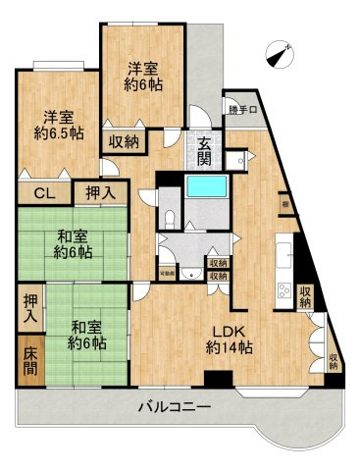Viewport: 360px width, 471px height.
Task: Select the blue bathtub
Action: [205, 185]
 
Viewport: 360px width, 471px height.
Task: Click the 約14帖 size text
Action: [231, 348]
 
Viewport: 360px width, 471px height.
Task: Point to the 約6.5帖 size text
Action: [57, 131]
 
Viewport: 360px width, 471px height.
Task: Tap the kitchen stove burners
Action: [283, 291]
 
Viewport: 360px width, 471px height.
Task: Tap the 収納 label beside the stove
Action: [306, 293]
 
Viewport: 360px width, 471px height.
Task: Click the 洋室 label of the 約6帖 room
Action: [143, 69]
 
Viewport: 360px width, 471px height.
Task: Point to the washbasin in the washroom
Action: [162, 247]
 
